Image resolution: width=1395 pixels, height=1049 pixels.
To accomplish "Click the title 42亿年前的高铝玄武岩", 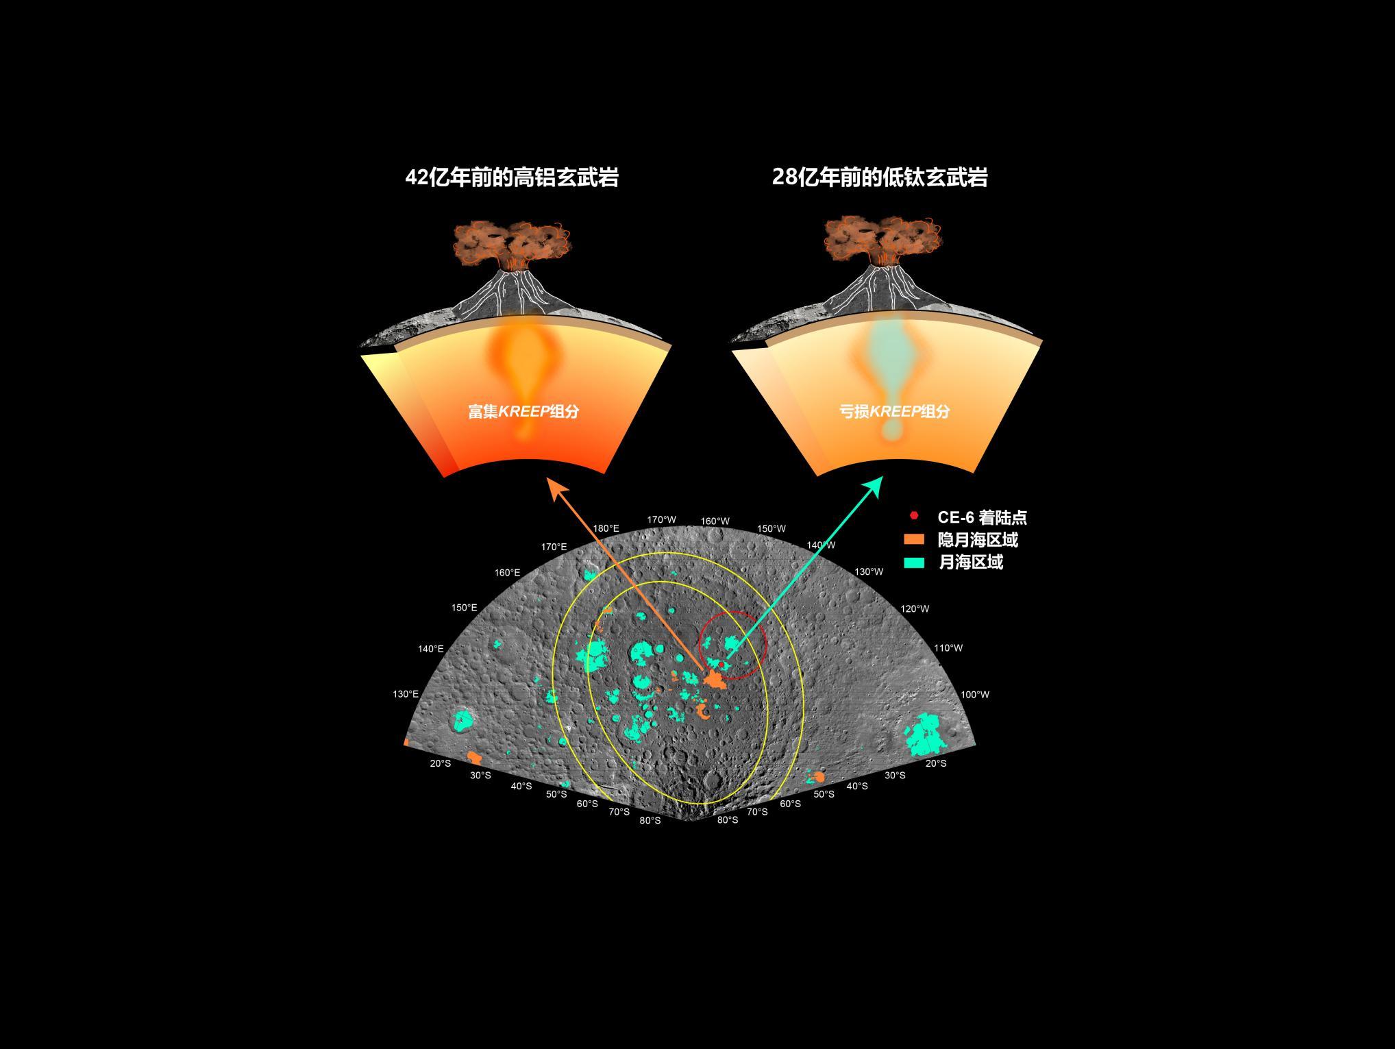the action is [512, 177].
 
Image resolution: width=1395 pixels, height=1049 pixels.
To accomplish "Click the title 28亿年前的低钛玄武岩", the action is [880, 177].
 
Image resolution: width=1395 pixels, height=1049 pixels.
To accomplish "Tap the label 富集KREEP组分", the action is [523, 411].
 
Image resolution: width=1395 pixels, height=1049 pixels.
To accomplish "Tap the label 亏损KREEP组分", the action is [895, 411].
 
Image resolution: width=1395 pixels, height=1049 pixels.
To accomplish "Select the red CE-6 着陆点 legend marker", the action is [913, 516].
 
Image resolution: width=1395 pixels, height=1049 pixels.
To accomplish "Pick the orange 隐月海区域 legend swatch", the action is [914, 539].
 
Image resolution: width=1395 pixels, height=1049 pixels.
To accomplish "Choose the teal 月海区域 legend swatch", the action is [914, 563].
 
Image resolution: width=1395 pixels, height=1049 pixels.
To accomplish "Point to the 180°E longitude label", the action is [606, 528].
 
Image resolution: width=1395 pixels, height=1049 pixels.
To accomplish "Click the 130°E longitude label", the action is [406, 694].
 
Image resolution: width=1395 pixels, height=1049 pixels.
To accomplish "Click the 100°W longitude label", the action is [975, 694].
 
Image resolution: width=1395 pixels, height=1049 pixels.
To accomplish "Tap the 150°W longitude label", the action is [771, 528].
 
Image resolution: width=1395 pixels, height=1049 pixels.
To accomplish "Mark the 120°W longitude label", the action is [915, 608].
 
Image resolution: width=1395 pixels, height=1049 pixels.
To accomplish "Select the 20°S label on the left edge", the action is [441, 763].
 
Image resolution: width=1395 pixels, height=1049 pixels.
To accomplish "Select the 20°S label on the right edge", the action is [936, 763].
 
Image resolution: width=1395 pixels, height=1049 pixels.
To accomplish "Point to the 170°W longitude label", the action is [662, 519].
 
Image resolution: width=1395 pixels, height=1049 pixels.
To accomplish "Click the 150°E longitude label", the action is [464, 607].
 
